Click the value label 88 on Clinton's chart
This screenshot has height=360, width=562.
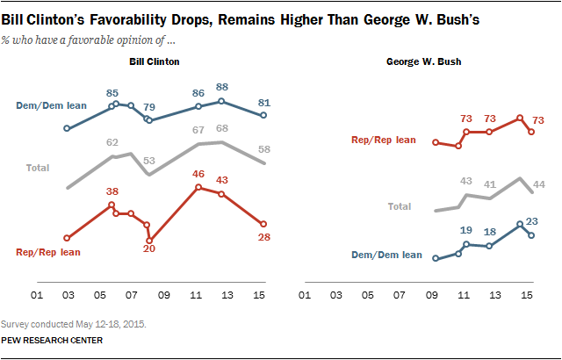222,87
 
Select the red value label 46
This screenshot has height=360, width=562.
199,174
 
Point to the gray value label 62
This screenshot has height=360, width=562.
112,141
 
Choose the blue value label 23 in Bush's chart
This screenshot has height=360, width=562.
531,221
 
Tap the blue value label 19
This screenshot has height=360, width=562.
466,229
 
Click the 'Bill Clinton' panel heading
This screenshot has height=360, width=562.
155,61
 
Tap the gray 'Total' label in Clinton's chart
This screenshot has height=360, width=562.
37,167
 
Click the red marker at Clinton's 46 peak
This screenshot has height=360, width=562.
199,186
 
